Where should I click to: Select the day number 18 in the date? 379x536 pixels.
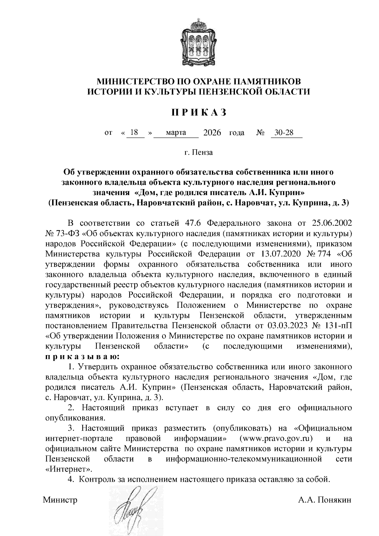coord(134,133)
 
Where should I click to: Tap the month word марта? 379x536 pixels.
coord(176,133)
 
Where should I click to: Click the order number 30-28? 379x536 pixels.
coord(284,133)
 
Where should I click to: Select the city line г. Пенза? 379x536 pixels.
coord(199,153)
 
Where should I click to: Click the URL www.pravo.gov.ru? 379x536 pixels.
coord(276,438)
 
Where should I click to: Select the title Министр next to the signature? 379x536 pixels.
coord(60,500)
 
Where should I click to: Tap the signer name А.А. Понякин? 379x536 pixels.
coord(325,500)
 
